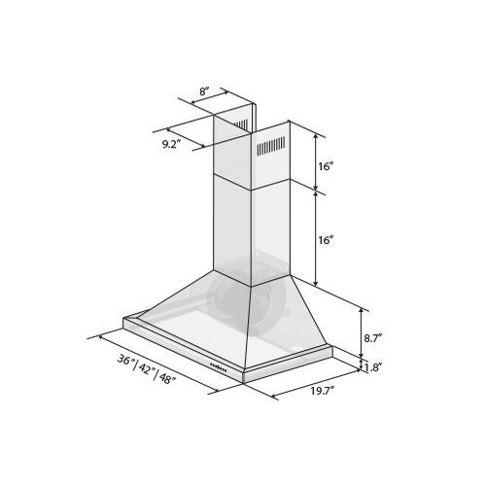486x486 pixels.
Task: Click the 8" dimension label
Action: [204, 92]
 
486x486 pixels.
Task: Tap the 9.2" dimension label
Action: [171, 143]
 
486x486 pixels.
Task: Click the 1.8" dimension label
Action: [373, 367]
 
